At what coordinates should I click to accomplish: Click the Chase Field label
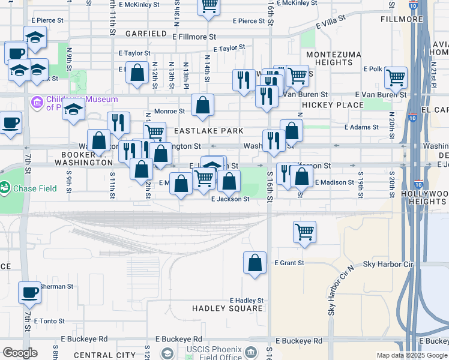pyautogui.click(x=35, y=188)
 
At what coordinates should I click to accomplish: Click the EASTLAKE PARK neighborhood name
pyautogui.click(x=208, y=131)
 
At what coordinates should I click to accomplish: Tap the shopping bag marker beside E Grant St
pyautogui.click(x=255, y=263)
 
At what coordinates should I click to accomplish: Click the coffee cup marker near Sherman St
pyautogui.click(x=29, y=293)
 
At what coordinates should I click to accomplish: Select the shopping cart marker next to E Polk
pyautogui.click(x=396, y=77)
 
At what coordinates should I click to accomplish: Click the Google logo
pyautogui.click(x=20, y=353)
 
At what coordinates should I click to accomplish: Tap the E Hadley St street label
pyautogui.click(x=247, y=301)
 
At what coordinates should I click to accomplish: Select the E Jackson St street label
pyautogui.click(x=230, y=199)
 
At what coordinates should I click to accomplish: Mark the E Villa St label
pyautogui.click(x=331, y=22)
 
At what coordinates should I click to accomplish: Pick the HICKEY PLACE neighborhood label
pyautogui.click(x=333, y=105)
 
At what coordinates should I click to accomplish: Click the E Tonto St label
pyautogui.click(x=53, y=321)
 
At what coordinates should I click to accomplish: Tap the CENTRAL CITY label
pyautogui.click(x=104, y=355)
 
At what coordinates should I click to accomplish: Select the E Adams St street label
pyautogui.click(x=363, y=127)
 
